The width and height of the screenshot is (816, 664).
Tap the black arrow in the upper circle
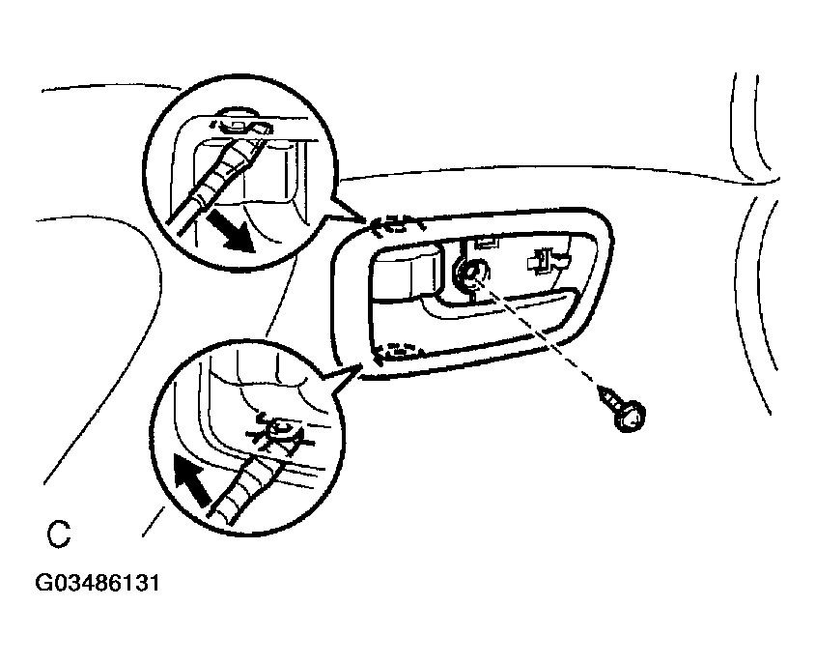(x=231, y=232)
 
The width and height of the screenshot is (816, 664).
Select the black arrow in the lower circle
(x=191, y=478)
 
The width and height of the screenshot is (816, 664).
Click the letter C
(x=58, y=534)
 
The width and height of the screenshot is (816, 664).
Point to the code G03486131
(x=98, y=583)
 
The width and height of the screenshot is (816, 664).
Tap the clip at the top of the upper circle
(x=240, y=125)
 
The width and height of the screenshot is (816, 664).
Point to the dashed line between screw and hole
(x=541, y=333)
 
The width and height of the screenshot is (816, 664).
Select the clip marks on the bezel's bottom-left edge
(x=398, y=353)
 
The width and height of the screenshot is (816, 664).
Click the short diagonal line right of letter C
(x=155, y=521)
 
